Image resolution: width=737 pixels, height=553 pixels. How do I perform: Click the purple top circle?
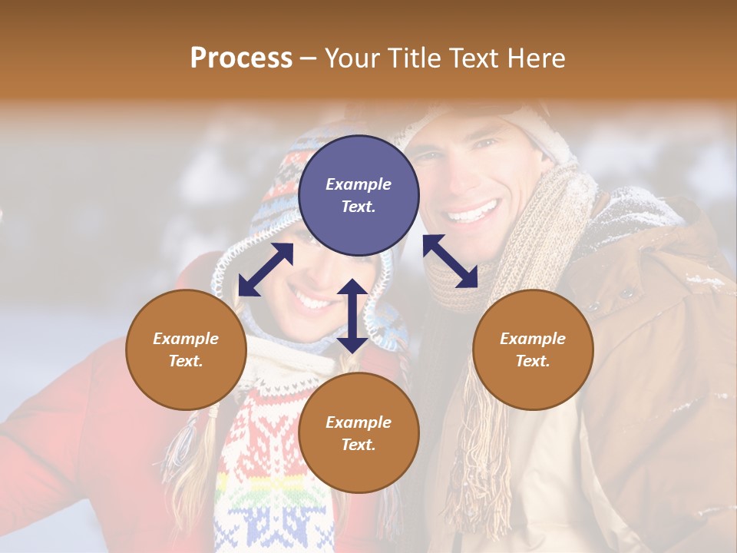pyautogui.click(x=359, y=196)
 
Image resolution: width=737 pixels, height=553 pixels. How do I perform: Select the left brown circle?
pyautogui.click(x=186, y=349)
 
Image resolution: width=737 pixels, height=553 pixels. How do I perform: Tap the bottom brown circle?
pyautogui.click(x=359, y=433)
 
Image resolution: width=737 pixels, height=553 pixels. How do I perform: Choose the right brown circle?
pyautogui.click(x=533, y=349)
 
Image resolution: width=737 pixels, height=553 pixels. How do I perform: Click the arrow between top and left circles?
pyautogui.click(x=266, y=270)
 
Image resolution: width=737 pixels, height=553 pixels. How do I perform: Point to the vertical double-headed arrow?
pyautogui.click(x=352, y=316)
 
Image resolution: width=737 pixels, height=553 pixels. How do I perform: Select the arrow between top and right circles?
pyautogui.click(x=450, y=261)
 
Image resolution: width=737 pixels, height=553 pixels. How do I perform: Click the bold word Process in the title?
pyautogui.click(x=241, y=58)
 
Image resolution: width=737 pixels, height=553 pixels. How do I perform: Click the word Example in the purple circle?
pyautogui.click(x=359, y=184)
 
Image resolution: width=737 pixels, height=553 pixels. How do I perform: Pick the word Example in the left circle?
pyautogui.click(x=186, y=339)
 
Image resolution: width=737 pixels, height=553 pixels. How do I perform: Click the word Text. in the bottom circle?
pyautogui.click(x=359, y=445)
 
